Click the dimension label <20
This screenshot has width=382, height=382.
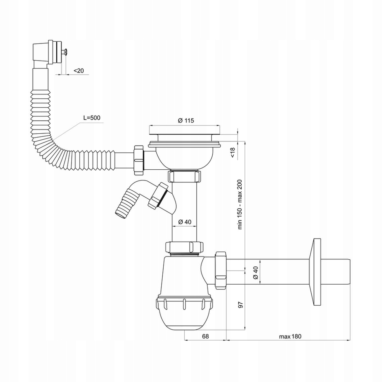(x=79, y=71)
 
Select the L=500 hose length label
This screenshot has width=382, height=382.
(x=92, y=117)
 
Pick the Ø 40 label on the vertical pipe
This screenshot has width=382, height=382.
(x=185, y=222)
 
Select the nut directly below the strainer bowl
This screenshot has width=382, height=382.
(x=185, y=176)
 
